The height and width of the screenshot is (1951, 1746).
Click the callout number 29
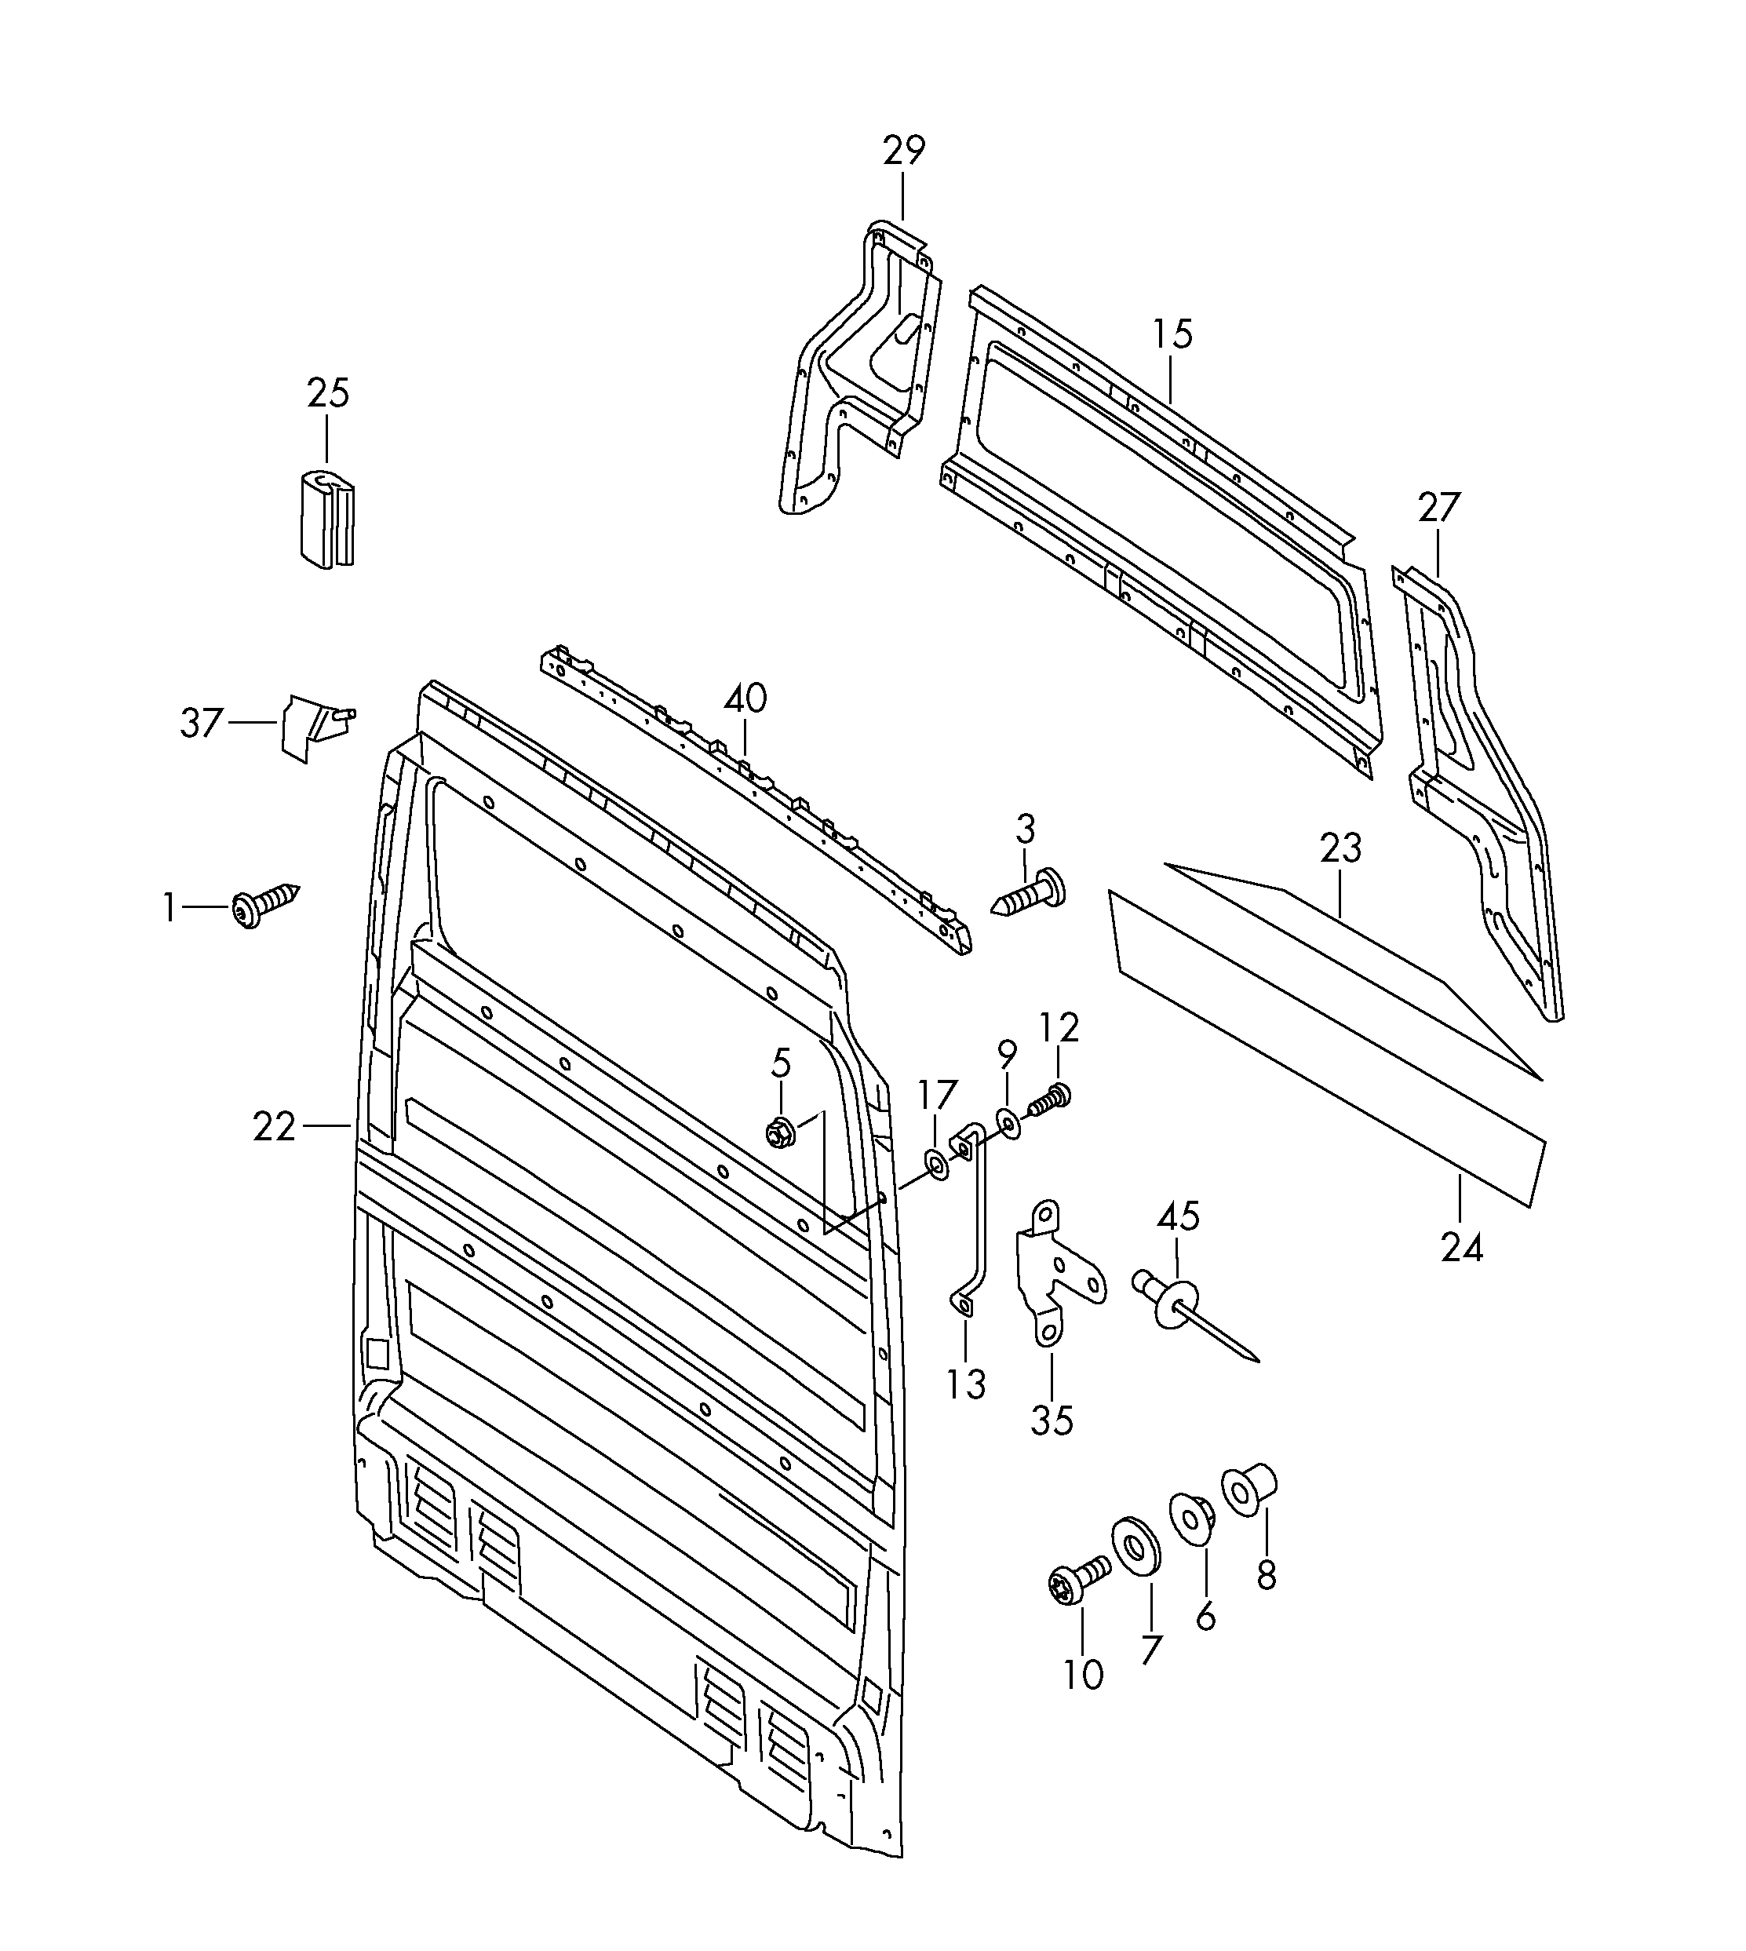(x=904, y=151)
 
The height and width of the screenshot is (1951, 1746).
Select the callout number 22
(x=275, y=1126)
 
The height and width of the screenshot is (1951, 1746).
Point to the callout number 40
(x=745, y=698)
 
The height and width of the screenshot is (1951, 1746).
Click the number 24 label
(x=1462, y=1248)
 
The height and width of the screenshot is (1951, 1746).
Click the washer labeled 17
(x=936, y=1165)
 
